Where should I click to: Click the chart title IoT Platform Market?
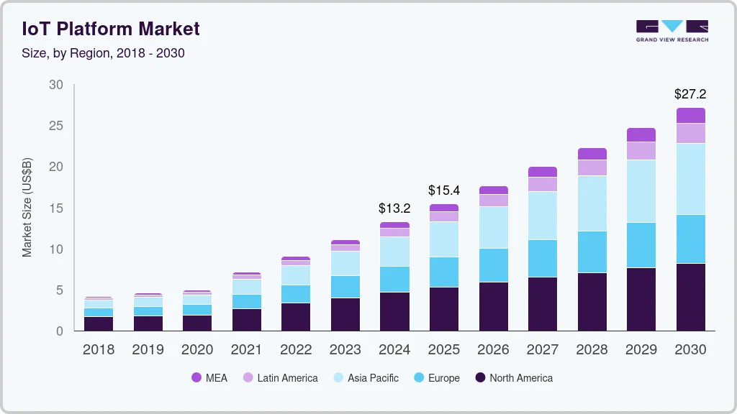[111, 29]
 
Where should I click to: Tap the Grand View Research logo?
[672, 31]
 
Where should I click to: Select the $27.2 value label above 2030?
[690, 94]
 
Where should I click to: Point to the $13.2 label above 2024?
[394, 208]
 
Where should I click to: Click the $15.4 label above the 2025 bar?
[443, 190]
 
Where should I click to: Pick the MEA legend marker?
[196, 377]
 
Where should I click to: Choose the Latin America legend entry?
[280, 378]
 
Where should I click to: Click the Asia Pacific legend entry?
[366, 378]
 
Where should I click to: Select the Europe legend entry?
[437, 378]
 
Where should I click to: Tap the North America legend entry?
[514, 378]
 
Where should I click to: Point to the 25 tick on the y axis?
[56, 126]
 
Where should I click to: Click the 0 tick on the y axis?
[59, 331]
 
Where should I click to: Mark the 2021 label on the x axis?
[246, 349]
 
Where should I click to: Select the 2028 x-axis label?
[592, 349]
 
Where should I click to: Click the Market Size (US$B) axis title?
[27, 208]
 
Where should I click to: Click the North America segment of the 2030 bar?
[690, 297]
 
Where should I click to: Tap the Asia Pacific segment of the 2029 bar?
[641, 191]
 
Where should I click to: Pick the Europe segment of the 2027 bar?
[543, 258]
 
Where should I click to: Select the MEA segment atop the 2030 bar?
[690, 116]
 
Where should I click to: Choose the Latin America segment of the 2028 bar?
[592, 167]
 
